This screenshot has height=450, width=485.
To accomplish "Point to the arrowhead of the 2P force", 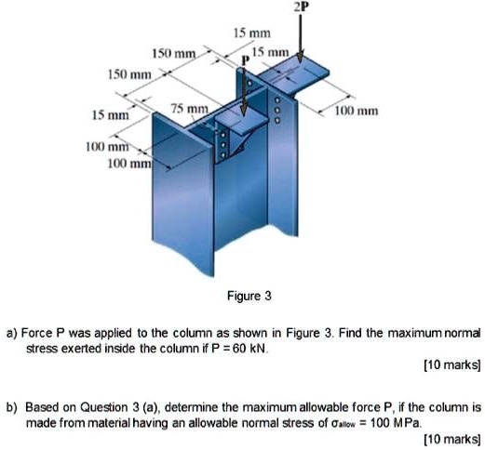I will click(x=301, y=60).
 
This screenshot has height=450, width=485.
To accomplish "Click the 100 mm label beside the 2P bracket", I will click(x=357, y=110).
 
